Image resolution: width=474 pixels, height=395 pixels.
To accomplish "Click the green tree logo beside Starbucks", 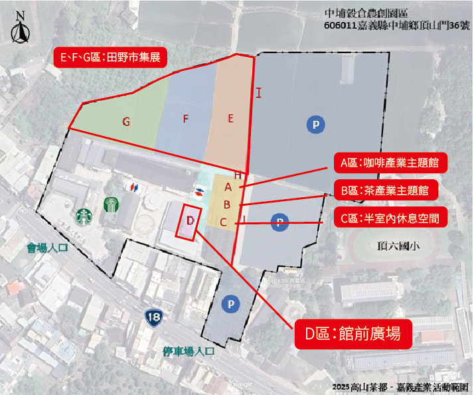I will point(110,206).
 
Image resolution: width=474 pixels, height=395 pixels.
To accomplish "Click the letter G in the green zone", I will point(126,121).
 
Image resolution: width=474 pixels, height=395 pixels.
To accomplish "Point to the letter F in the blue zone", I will point(186,119).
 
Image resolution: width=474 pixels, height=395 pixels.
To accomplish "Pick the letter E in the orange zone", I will point(230,119).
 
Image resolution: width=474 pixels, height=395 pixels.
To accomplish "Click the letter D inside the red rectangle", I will point(190,220).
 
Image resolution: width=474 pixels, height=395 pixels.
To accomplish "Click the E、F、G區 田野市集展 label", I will point(110,58).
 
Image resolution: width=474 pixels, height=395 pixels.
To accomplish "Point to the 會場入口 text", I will point(48,250).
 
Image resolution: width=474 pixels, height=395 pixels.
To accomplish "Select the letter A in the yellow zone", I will point(228,188).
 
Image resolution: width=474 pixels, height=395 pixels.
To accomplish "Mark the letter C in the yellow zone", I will point(224,222).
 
